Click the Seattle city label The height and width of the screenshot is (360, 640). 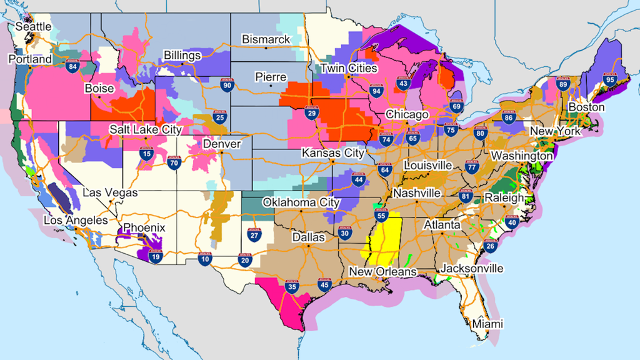[34, 27]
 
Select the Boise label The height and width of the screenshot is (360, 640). [99, 88]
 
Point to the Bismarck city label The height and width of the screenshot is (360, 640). [266, 39]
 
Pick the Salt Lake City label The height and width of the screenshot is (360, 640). [145, 129]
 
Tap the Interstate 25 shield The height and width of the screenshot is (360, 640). [219, 116]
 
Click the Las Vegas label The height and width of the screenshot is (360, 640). [110, 193]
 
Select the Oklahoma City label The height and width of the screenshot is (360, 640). [301, 202]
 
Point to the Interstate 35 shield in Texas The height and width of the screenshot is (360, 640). [291, 287]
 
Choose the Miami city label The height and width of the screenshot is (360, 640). [487, 324]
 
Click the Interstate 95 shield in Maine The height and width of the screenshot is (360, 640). [609, 79]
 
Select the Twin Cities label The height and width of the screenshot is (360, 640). [349, 68]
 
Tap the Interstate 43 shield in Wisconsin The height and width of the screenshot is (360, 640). [404, 83]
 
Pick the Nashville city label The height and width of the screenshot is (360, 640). [419, 193]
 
